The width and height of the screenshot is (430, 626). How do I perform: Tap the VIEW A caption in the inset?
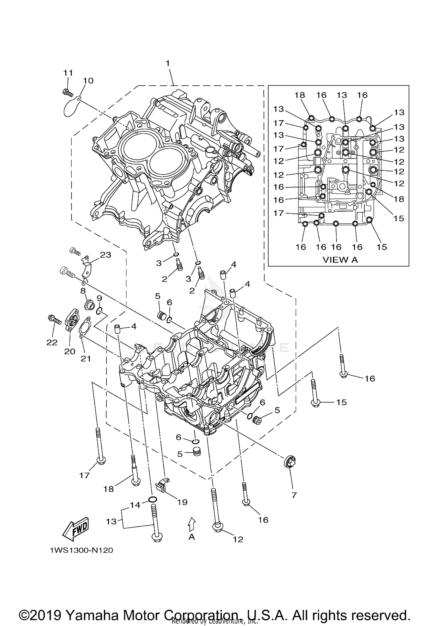[340, 260]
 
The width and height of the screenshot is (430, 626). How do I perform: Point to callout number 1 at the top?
[168, 63]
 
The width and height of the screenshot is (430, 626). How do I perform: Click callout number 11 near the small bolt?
[68, 73]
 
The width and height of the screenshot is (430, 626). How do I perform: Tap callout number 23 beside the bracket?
[105, 255]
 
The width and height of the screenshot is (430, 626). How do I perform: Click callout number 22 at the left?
[52, 342]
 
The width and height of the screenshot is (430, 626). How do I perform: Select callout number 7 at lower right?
[294, 495]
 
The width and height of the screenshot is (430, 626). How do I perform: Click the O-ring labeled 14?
[153, 500]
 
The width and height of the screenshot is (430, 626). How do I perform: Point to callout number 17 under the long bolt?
[84, 476]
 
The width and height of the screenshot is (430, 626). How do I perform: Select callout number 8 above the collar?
[83, 291]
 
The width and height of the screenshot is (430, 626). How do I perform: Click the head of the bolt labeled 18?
[135, 482]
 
